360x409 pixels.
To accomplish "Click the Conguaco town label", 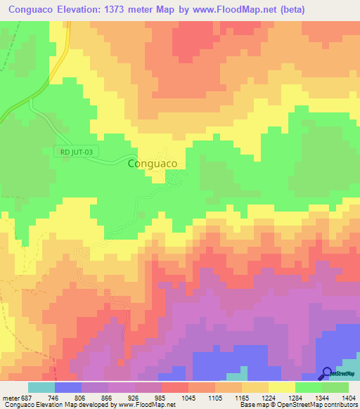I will (156, 163).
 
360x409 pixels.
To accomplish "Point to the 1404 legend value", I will (347, 396).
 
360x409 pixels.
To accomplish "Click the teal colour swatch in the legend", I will (41, 387).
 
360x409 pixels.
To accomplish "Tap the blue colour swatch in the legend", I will (68, 387).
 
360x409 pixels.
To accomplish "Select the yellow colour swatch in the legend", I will (281, 387).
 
